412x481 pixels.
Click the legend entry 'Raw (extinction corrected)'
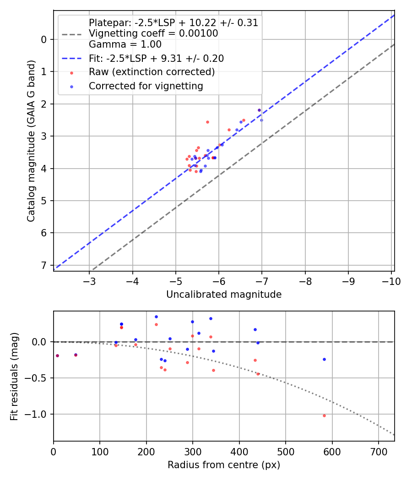pyautogui.click(x=152, y=72)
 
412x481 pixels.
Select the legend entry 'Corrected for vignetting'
pyautogui.click(x=146, y=86)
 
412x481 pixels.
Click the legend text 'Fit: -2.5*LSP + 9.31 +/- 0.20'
pyautogui.click(x=156, y=59)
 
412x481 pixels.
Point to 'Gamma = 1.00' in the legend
pyautogui.click(x=125, y=44)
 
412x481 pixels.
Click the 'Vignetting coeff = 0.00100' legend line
pyautogui.click(x=153, y=33)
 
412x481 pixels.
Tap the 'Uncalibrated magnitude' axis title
pyautogui.click(x=224, y=295)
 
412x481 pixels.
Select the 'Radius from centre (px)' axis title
pyautogui.click(x=224, y=465)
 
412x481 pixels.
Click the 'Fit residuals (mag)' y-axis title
pyautogui.click(x=14, y=377)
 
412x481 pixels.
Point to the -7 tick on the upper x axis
pyautogui.click(x=262, y=281)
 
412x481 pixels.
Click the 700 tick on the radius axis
pyautogui.click(x=378, y=451)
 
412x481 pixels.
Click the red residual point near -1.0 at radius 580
pyautogui.click(x=324, y=415)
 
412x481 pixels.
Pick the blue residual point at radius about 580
pyautogui.click(x=324, y=359)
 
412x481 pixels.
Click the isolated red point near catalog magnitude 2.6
pyautogui.click(x=207, y=122)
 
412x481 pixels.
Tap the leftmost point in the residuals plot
pyautogui.click(x=57, y=355)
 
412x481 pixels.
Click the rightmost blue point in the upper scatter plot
pyautogui.click(x=261, y=120)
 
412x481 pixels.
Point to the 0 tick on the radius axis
pyautogui.click(x=54, y=451)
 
